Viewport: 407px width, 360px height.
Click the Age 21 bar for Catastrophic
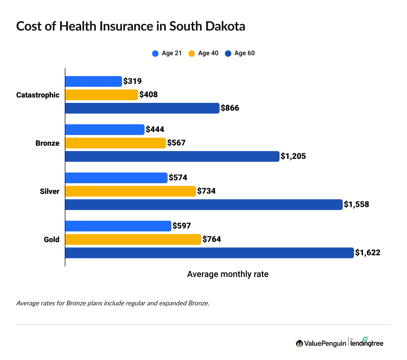pos(93,81)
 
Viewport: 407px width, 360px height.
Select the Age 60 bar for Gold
pos(209,253)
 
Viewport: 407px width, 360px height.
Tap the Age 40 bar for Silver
pos(130,191)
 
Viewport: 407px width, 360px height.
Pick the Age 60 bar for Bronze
pos(172,156)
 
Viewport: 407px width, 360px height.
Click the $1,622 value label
pos(368,253)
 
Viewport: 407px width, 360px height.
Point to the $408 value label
pos(149,95)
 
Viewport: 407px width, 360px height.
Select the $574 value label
pos(178,178)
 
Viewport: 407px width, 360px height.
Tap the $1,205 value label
pos(293,156)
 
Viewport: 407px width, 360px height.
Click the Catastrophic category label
pos(38,95)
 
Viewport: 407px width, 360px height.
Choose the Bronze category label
pos(47,143)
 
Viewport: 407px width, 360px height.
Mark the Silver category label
pos(50,192)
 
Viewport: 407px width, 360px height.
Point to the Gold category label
pos(51,240)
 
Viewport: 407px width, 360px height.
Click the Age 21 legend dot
pos(155,54)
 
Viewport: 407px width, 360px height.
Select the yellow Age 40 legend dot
pos(192,54)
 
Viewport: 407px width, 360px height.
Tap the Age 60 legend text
pos(244,53)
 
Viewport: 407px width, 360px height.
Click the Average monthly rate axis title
pos(228,274)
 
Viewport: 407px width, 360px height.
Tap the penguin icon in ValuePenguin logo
pos(299,343)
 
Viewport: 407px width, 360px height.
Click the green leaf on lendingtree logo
pos(365,339)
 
